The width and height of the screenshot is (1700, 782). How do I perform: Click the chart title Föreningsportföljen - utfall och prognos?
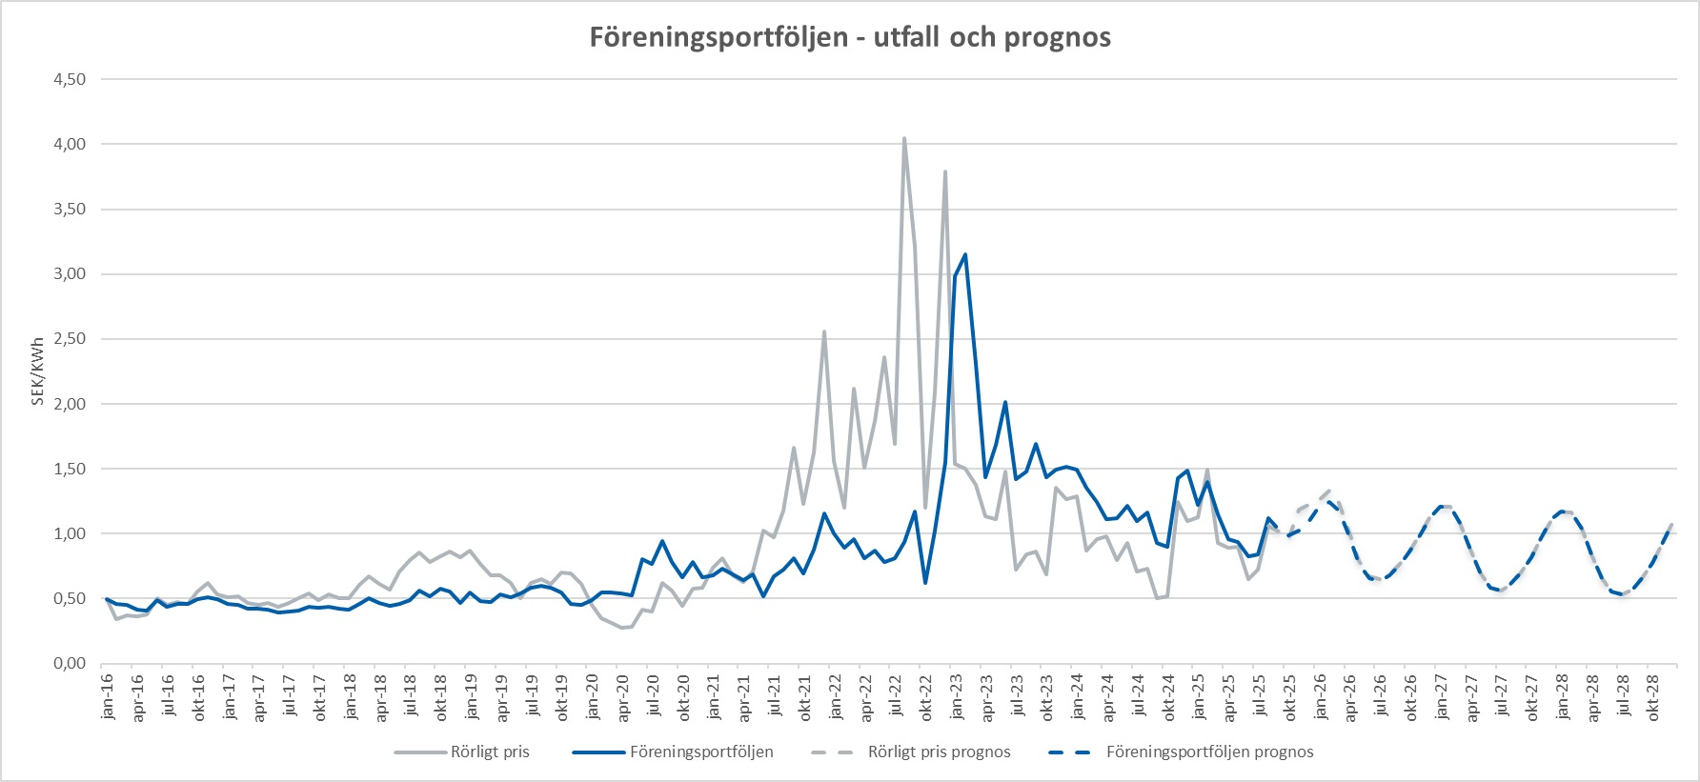(850, 37)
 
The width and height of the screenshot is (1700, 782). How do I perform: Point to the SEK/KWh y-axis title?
(38, 371)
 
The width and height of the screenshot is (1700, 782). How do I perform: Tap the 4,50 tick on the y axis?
(70, 80)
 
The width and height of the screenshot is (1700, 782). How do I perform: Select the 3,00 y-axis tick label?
(70, 274)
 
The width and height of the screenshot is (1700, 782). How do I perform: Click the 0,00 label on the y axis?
(70, 664)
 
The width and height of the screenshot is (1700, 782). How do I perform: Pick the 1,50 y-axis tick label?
(70, 470)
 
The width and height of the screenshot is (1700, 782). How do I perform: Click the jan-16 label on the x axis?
(107, 696)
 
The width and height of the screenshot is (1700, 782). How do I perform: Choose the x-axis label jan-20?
(592, 696)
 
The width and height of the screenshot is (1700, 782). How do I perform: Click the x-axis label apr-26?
(1349, 696)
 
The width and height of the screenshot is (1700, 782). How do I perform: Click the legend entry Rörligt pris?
(489, 752)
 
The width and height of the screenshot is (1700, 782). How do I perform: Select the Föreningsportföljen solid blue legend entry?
(701, 752)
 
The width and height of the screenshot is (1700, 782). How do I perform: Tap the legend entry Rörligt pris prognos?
(939, 752)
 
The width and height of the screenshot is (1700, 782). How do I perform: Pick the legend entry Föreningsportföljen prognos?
(1209, 752)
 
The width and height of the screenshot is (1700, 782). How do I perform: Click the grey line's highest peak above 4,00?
(904, 139)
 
